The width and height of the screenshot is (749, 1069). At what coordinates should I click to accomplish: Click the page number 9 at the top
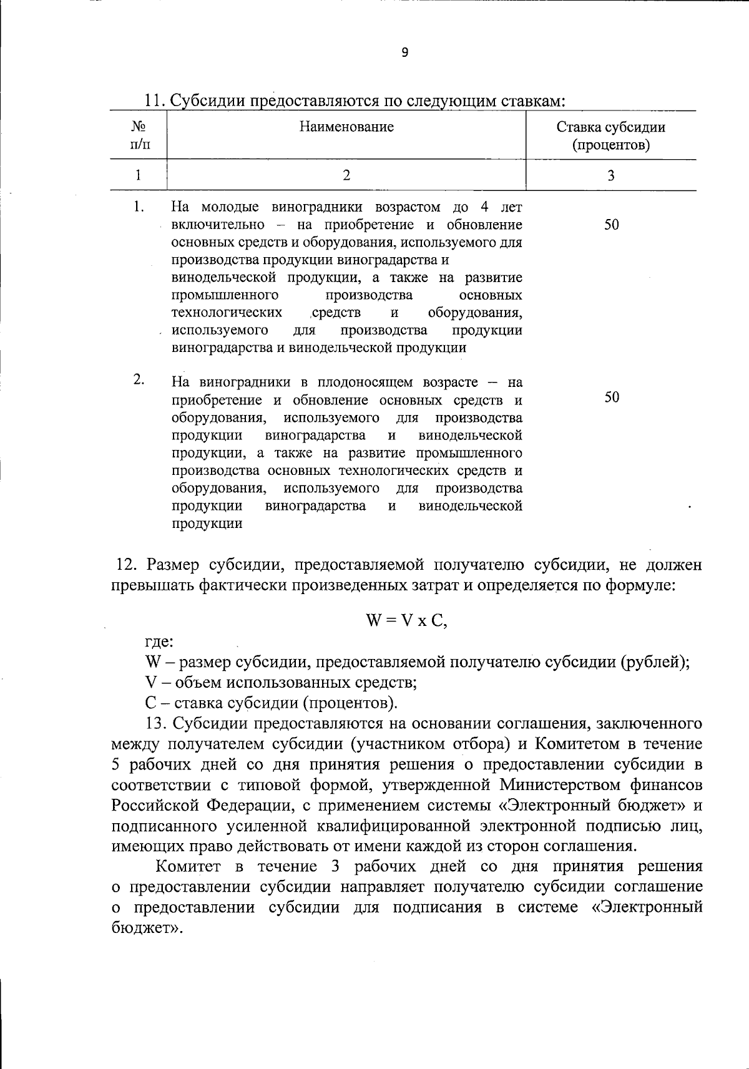404,53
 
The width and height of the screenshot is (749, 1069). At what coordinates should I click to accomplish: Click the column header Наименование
346,127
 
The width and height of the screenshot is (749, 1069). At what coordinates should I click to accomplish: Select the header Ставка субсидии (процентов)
610,136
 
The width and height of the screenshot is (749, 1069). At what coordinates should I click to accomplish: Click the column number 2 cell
346,175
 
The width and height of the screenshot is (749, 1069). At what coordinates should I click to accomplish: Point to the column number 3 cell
610,175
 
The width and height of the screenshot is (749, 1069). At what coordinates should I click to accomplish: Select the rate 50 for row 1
611,225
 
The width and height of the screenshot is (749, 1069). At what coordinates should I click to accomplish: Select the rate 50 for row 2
612,398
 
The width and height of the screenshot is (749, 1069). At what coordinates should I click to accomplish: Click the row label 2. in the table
139,380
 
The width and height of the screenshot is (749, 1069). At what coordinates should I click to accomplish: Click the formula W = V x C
406,621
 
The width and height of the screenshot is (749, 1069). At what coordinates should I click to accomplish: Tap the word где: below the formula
159,642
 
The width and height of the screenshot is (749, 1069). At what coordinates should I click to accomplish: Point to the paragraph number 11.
154,101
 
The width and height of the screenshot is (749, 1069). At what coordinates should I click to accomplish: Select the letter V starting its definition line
150,682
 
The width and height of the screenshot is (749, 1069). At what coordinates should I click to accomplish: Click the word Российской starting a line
154,806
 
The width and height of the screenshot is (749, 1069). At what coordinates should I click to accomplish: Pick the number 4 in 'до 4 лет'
485,207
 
